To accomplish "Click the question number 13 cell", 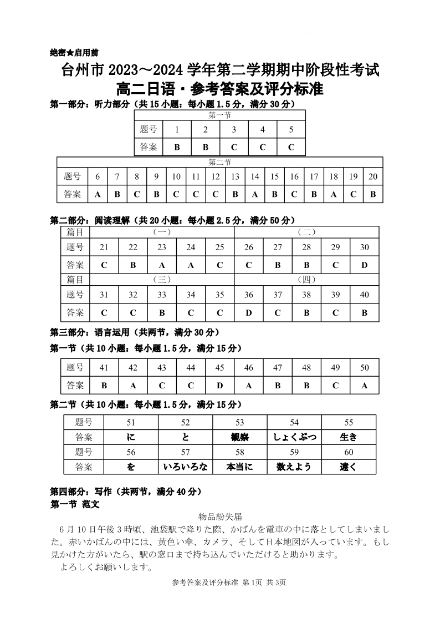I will (x=235, y=177).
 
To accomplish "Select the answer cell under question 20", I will (x=373, y=194).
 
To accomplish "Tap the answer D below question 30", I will (x=364, y=265).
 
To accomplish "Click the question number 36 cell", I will (x=249, y=295).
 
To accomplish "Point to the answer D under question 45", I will (x=220, y=385).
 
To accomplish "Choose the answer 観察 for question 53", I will (x=239, y=437).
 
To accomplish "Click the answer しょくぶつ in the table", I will (x=294, y=437).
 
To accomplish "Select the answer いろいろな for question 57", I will (x=185, y=467).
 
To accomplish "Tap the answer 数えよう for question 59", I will (x=294, y=467).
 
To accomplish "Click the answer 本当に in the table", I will (x=239, y=467).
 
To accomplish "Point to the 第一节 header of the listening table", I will (x=219, y=115).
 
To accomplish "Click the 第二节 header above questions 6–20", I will (x=219, y=162).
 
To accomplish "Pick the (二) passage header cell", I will (x=306, y=232).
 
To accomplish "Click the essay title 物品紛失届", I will (x=219, y=515).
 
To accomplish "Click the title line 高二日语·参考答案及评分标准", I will (x=219, y=89).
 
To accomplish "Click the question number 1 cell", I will (x=177, y=130).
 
